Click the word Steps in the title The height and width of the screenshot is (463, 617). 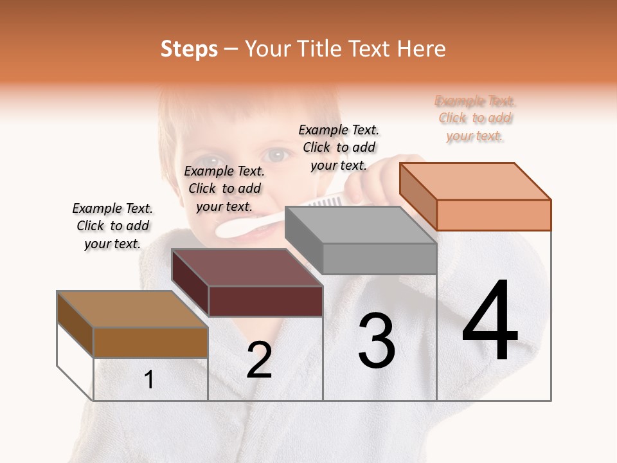pos(189,49)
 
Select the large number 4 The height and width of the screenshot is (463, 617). pos(490,322)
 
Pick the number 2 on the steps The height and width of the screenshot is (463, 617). pos(259,360)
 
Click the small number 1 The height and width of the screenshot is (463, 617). pos(149,380)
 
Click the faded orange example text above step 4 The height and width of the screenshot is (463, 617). pos(475,118)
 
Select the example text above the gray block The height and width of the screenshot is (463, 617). pos(339,147)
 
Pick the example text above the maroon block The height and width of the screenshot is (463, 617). pos(224,188)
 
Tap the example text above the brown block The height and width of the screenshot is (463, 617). pos(112,226)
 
